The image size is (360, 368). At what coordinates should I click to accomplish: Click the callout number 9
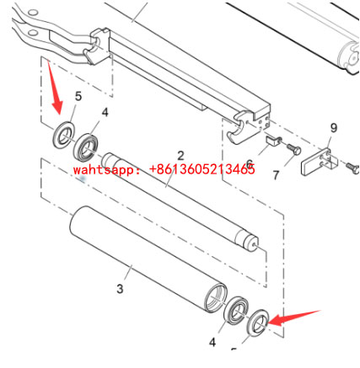(334, 128)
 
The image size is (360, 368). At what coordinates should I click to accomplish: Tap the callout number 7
(277, 175)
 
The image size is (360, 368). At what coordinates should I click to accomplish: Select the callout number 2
(180, 156)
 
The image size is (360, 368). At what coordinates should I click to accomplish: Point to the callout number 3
(120, 289)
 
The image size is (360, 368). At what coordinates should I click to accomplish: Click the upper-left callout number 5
(78, 96)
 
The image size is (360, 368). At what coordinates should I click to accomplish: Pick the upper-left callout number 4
(105, 112)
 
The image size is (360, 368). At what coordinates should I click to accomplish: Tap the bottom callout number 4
(212, 342)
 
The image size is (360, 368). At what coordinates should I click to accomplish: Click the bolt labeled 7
(294, 149)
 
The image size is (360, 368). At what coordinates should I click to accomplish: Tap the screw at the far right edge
(353, 168)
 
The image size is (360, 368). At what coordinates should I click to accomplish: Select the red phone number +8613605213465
(201, 169)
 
